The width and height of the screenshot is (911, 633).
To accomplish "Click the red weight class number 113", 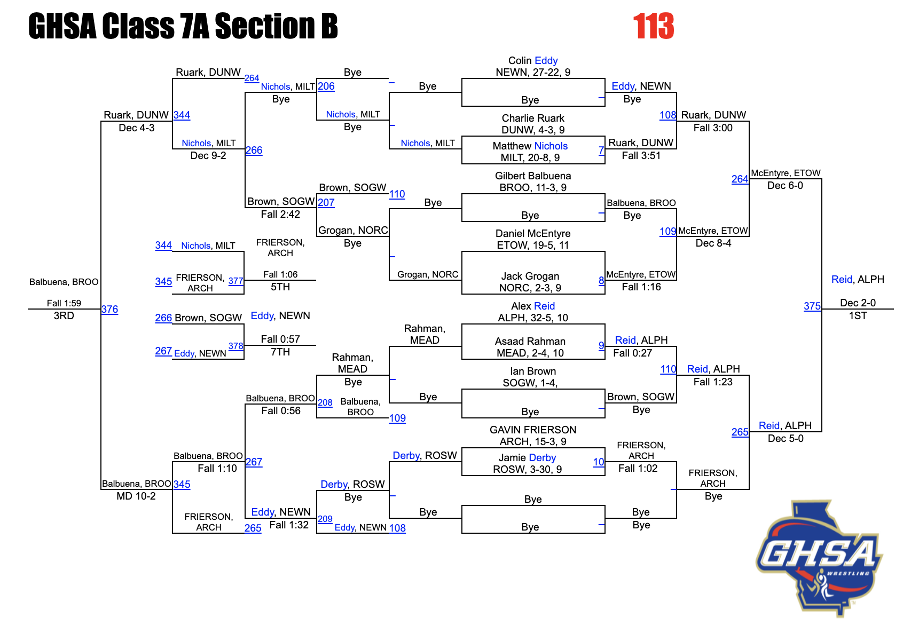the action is click(x=653, y=27).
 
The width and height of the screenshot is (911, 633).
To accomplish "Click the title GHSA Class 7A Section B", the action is click(x=183, y=27).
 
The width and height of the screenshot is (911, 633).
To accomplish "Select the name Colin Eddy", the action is click(x=532, y=61).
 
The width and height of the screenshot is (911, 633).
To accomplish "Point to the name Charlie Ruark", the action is click(x=532, y=118).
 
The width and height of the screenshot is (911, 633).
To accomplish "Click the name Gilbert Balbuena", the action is click(x=532, y=176).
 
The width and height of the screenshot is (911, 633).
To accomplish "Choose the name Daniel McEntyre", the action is click(x=532, y=234).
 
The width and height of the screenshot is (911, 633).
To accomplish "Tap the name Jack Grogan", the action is click(x=530, y=276).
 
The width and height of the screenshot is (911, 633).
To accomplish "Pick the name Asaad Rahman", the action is click(x=530, y=342).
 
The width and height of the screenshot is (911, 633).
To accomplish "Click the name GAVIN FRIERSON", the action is click(x=532, y=430).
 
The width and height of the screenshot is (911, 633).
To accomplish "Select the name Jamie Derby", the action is click(x=527, y=458).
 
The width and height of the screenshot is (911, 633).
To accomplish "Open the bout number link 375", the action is click(x=812, y=306).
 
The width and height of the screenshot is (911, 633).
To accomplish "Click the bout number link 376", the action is click(x=109, y=310).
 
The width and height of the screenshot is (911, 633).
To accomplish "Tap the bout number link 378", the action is click(x=235, y=346).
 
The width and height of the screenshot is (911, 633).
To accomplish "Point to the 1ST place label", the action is click(x=858, y=316).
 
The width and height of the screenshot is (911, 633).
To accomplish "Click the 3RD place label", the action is click(x=64, y=316).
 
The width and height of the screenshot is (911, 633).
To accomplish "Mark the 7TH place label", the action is click(x=280, y=352).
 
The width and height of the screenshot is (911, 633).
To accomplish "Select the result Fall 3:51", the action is click(x=641, y=156).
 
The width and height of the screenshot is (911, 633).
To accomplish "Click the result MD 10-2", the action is click(x=136, y=496).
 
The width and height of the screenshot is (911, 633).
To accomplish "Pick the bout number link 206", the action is click(x=326, y=86).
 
